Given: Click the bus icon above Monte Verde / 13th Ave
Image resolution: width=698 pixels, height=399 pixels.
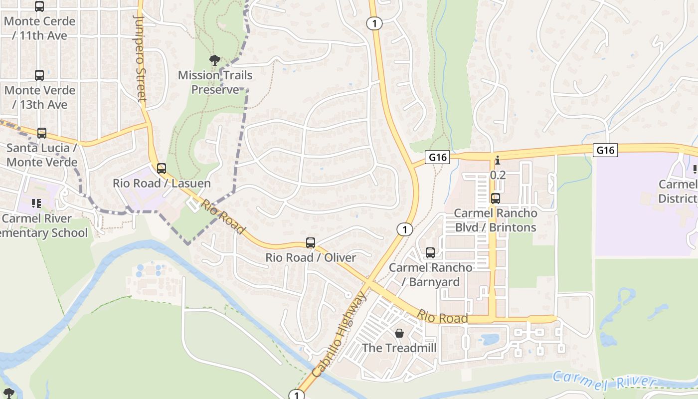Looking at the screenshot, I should (39, 75).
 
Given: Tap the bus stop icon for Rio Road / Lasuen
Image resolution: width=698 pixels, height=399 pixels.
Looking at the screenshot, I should (161, 169).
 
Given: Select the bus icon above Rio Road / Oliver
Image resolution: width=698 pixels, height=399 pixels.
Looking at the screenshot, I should (311, 243).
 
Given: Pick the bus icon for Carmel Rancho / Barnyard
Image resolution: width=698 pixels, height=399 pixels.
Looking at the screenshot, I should (430, 253).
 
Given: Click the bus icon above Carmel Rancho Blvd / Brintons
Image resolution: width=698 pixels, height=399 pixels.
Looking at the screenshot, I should (495, 199).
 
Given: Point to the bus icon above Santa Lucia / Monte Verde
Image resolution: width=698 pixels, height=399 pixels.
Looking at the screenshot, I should (42, 133).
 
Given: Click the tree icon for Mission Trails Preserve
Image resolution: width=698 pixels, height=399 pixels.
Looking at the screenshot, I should (215, 61).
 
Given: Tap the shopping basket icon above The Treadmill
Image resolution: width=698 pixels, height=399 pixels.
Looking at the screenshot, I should (399, 333).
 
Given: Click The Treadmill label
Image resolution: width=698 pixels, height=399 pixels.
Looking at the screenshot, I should (399, 348).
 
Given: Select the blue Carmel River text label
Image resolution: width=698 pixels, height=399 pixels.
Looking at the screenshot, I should (604, 381).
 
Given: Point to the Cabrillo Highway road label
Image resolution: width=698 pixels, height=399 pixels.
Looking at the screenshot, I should (340, 335).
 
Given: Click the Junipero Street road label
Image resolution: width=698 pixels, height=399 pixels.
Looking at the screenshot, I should (140, 58).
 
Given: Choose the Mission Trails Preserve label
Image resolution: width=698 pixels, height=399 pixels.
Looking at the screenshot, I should (215, 82).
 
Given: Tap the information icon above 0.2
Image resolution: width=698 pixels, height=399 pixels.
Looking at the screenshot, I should (497, 161).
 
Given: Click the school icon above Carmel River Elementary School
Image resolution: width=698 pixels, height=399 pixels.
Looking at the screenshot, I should (36, 203).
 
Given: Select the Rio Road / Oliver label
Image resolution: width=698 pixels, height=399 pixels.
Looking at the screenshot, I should (311, 258).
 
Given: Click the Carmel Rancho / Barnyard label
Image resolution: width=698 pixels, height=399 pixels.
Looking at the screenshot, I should (430, 274).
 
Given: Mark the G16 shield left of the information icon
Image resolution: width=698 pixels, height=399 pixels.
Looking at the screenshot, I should (438, 158).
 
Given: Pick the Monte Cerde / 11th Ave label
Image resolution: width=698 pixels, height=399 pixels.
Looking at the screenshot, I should (39, 28).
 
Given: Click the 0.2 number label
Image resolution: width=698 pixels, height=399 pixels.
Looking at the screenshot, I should (498, 175).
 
